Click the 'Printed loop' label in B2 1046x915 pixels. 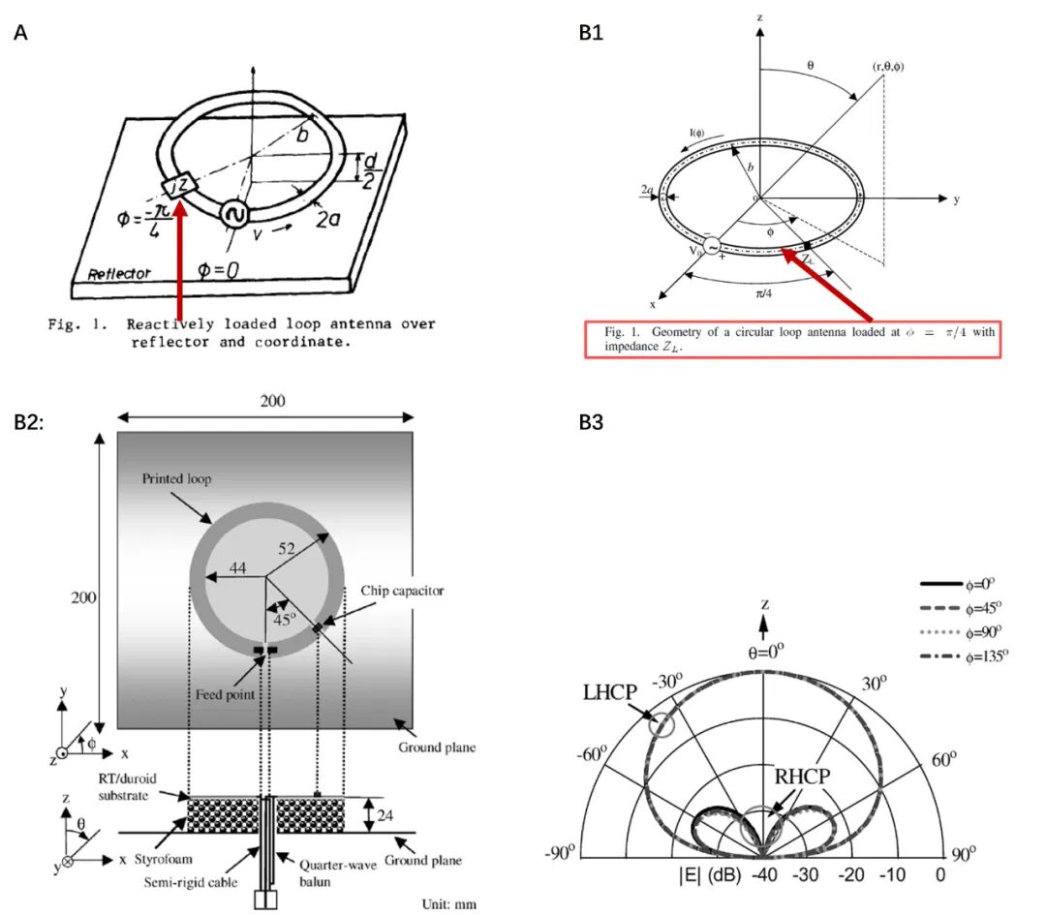[x=177, y=480]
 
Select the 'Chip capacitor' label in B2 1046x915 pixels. [x=401, y=590]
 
